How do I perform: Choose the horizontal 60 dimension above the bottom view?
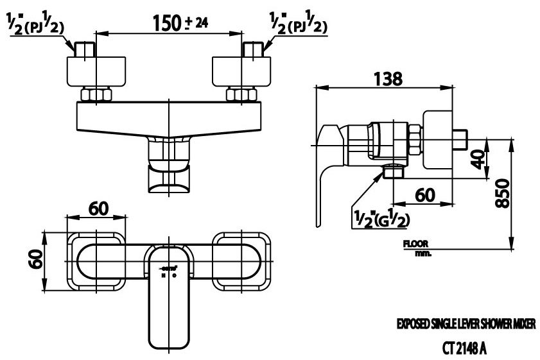(x=98, y=209)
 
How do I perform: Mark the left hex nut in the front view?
(x=95, y=95)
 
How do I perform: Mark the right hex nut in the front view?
(x=244, y=95)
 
